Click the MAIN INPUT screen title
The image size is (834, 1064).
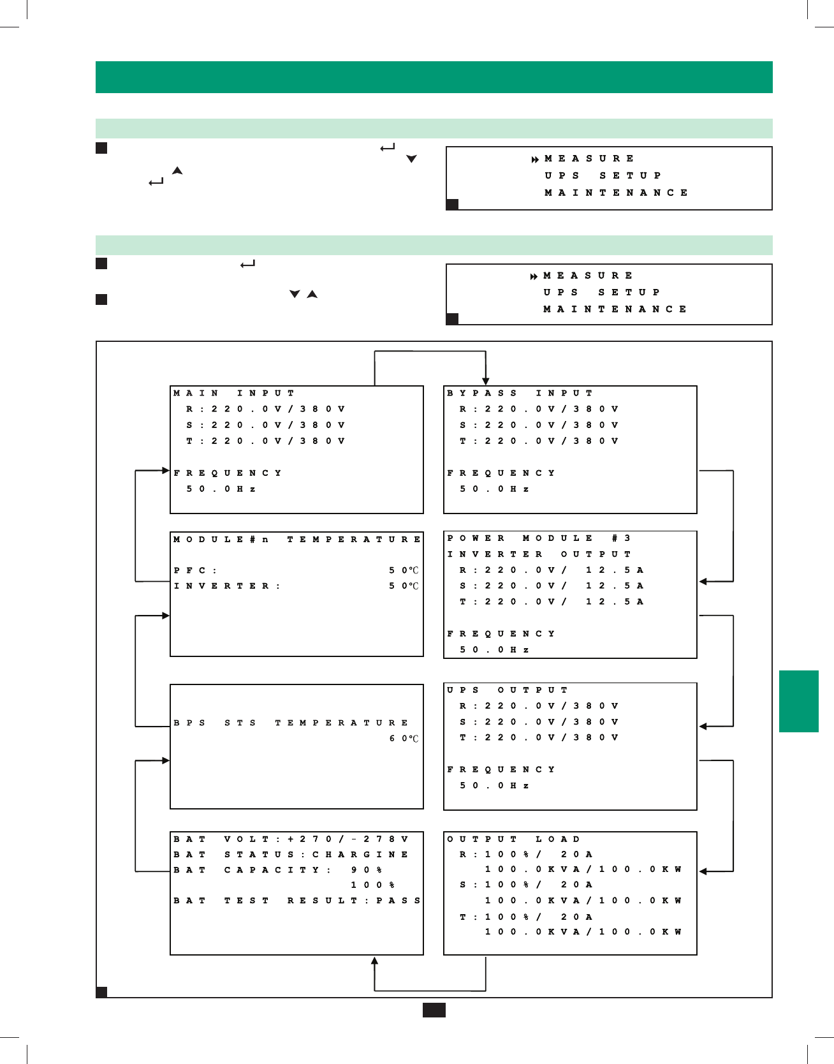[x=234, y=394]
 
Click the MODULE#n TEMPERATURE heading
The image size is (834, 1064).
[x=297, y=540]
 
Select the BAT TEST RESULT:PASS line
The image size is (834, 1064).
[x=297, y=901]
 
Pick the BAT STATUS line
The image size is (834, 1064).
[x=291, y=855]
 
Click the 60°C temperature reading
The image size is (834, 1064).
[x=404, y=739]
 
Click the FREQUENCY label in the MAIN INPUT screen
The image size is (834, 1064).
[x=228, y=473]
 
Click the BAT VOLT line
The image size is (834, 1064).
[x=291, y=839]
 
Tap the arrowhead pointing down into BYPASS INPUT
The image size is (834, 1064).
[x=486, y=381]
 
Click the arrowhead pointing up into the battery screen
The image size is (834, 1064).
[x=375, y=961]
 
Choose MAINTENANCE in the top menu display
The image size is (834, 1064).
[x=616, y=193]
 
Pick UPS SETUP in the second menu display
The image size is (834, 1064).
[x=602, y=292]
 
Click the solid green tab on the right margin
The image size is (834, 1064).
[x=798, y=701]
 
